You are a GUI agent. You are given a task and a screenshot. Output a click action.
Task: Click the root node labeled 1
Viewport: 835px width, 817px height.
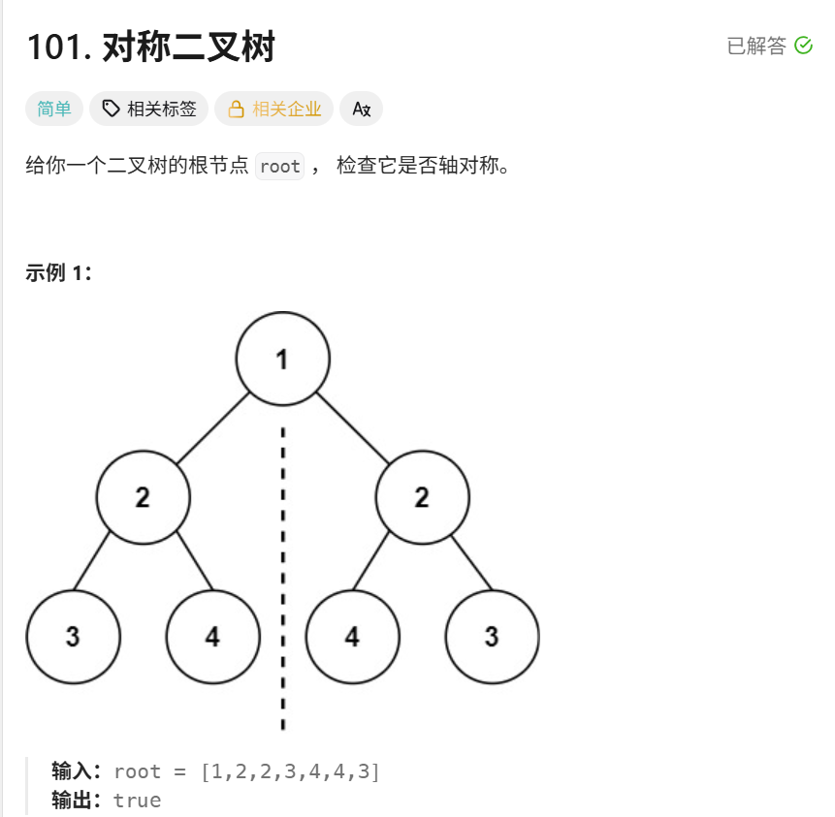pos(283,359)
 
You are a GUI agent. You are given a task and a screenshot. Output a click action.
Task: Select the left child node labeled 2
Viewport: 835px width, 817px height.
pos(143,497)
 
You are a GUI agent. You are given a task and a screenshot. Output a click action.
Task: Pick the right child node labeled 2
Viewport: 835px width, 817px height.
pos(422,497)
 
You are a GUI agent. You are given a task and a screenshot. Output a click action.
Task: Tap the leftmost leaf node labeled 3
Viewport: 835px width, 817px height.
pos(73,637)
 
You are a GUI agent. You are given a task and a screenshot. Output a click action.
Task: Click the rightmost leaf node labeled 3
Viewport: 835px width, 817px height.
pos(492,637)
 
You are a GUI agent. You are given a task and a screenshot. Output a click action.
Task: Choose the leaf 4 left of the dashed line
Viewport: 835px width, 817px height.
pos(213,637)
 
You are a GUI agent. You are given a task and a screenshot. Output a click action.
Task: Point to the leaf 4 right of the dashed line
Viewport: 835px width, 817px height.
pos(352,637)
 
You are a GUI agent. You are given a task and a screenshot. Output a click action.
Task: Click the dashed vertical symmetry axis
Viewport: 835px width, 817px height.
pos(283,579)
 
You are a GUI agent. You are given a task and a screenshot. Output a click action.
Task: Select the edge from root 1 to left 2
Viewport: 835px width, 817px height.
pos(213,428)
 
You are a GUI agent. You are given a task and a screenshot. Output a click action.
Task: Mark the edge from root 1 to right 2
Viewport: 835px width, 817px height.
pos(353,428)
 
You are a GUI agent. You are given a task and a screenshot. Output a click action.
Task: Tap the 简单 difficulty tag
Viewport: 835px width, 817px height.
pos(53,109)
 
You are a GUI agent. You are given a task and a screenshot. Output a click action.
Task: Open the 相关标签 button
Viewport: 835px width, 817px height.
pos(148,109)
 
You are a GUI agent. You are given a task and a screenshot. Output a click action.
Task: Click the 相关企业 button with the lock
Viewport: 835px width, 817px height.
pos(273,109)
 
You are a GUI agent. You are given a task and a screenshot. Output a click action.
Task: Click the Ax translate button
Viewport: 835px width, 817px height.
pos(361,109)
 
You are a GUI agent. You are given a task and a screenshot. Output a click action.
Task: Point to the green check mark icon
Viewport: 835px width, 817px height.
pos(803,46)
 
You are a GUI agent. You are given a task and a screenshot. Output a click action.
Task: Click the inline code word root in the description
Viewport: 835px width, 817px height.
pos(280,166)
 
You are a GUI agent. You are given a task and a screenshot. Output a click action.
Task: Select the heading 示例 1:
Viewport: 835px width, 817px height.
pos(58,272)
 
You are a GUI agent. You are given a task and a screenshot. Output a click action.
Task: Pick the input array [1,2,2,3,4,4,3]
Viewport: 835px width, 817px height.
pos(290,771)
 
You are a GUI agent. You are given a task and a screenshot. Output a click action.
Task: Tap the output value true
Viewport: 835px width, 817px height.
pos(138,801)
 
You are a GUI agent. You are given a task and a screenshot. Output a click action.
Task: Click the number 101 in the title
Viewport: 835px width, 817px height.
pos(55,47)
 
